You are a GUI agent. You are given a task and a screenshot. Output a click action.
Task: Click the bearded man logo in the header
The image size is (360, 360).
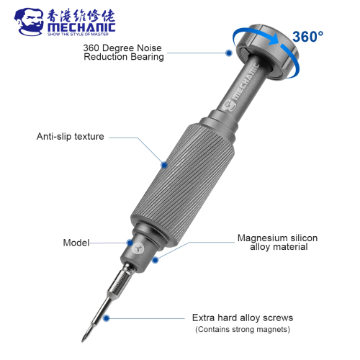tap(29, 22)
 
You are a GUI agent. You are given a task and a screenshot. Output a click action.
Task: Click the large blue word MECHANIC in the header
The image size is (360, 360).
tap(81, 27)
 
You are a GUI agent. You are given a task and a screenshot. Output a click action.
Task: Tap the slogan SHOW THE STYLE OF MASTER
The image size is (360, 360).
tap(78, 35)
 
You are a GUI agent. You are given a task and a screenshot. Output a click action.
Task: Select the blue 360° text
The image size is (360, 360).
tap(307, 37)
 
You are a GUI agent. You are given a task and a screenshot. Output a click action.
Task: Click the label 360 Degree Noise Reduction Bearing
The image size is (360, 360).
tap(123, 53)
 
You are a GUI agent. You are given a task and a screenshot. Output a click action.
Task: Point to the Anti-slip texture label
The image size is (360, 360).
tap(71, 136)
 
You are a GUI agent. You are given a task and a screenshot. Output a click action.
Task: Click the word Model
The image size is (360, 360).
tap(76, 243)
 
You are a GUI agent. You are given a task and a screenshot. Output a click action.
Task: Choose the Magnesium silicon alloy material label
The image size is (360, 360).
tap(278, 243)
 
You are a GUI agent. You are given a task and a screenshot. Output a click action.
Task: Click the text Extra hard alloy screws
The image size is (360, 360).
tap(243, 318)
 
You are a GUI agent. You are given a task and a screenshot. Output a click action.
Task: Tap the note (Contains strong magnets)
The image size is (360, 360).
tap(243, 329)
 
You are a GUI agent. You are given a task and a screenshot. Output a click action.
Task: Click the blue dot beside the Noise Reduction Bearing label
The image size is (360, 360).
tap(229, 53)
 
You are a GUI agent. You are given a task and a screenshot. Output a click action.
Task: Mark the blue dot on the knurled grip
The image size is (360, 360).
tap(164, 165)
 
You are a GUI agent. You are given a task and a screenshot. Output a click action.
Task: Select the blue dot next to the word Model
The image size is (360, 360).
tap(130, 243)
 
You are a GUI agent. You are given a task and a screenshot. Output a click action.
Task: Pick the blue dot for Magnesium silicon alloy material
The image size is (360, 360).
tap(156, 260)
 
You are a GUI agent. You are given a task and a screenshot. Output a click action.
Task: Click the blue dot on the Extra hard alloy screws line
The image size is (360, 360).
tap(107, 318)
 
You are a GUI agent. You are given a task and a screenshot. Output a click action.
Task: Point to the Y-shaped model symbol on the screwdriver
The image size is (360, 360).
tap(138, 248)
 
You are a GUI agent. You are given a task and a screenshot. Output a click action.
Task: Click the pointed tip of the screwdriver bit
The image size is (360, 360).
tap(83, 341)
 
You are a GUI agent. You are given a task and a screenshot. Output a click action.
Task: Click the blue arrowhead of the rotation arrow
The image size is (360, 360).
tap(274, 39)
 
